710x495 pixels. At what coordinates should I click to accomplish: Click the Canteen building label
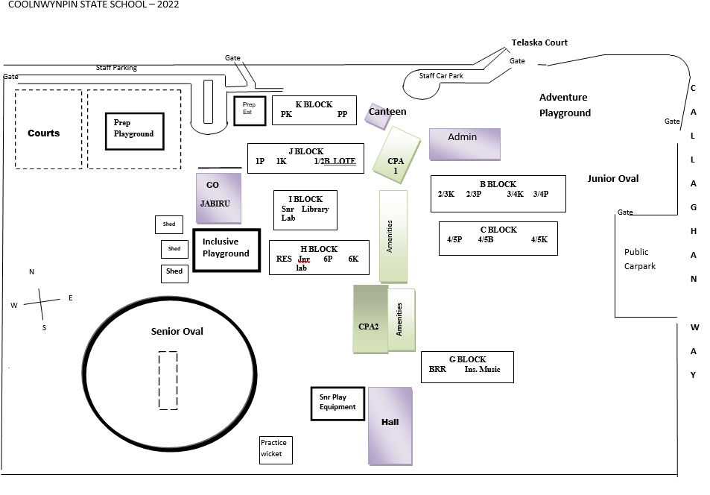tap(387, 112)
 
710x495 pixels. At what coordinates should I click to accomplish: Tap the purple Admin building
tap(464, 144)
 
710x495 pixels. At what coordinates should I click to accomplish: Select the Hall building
tap(390, 425)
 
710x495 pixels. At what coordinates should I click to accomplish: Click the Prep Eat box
tap(245, 110)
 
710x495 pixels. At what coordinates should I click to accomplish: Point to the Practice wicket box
tap(276, 450)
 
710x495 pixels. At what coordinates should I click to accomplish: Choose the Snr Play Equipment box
tap(337, 403)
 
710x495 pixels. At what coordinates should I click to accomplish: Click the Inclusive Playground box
tap(226, 250)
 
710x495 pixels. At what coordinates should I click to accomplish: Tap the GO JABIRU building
tap(219, 198)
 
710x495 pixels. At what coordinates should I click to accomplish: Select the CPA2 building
tap(370, 319)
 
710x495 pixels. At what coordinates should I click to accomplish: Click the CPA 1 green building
tap(396, 161)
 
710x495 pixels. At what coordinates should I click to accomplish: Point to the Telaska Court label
tap(539, 43)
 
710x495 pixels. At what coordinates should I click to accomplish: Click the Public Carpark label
tap(640, 259)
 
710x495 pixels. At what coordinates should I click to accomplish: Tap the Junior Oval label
tap(612, 179)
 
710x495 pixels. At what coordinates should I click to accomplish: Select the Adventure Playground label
tap(565, 105)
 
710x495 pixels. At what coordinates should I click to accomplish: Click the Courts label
tap(43, 133)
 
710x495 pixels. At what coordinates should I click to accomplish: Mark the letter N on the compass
tap(31, 272)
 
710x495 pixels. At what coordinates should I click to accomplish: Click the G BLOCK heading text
tap(467, 359)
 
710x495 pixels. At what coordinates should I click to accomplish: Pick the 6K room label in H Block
tap(353, 259)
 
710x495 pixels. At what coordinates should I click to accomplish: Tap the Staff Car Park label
tap(441, 76)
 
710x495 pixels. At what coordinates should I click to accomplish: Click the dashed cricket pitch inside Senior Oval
tap(168, 380)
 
